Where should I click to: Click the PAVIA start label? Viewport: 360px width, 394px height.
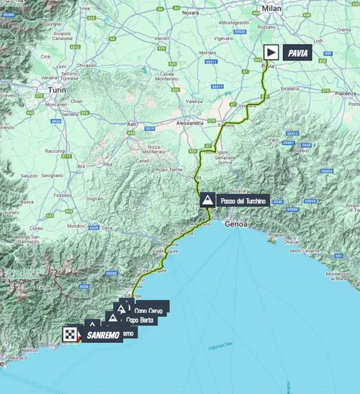tap(295, 53)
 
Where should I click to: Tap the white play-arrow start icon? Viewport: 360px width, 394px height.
tap(271, 52)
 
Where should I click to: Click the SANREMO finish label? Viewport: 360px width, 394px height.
tap(101, 335)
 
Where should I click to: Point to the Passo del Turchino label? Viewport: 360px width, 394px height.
tap(243, 201)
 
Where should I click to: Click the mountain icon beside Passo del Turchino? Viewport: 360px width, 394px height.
tap(207, 200)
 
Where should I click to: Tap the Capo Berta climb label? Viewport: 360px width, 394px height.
tap(141, 319)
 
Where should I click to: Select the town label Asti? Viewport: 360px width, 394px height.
tap(132, 124)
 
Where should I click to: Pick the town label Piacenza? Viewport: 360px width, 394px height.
tap(344, 93)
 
